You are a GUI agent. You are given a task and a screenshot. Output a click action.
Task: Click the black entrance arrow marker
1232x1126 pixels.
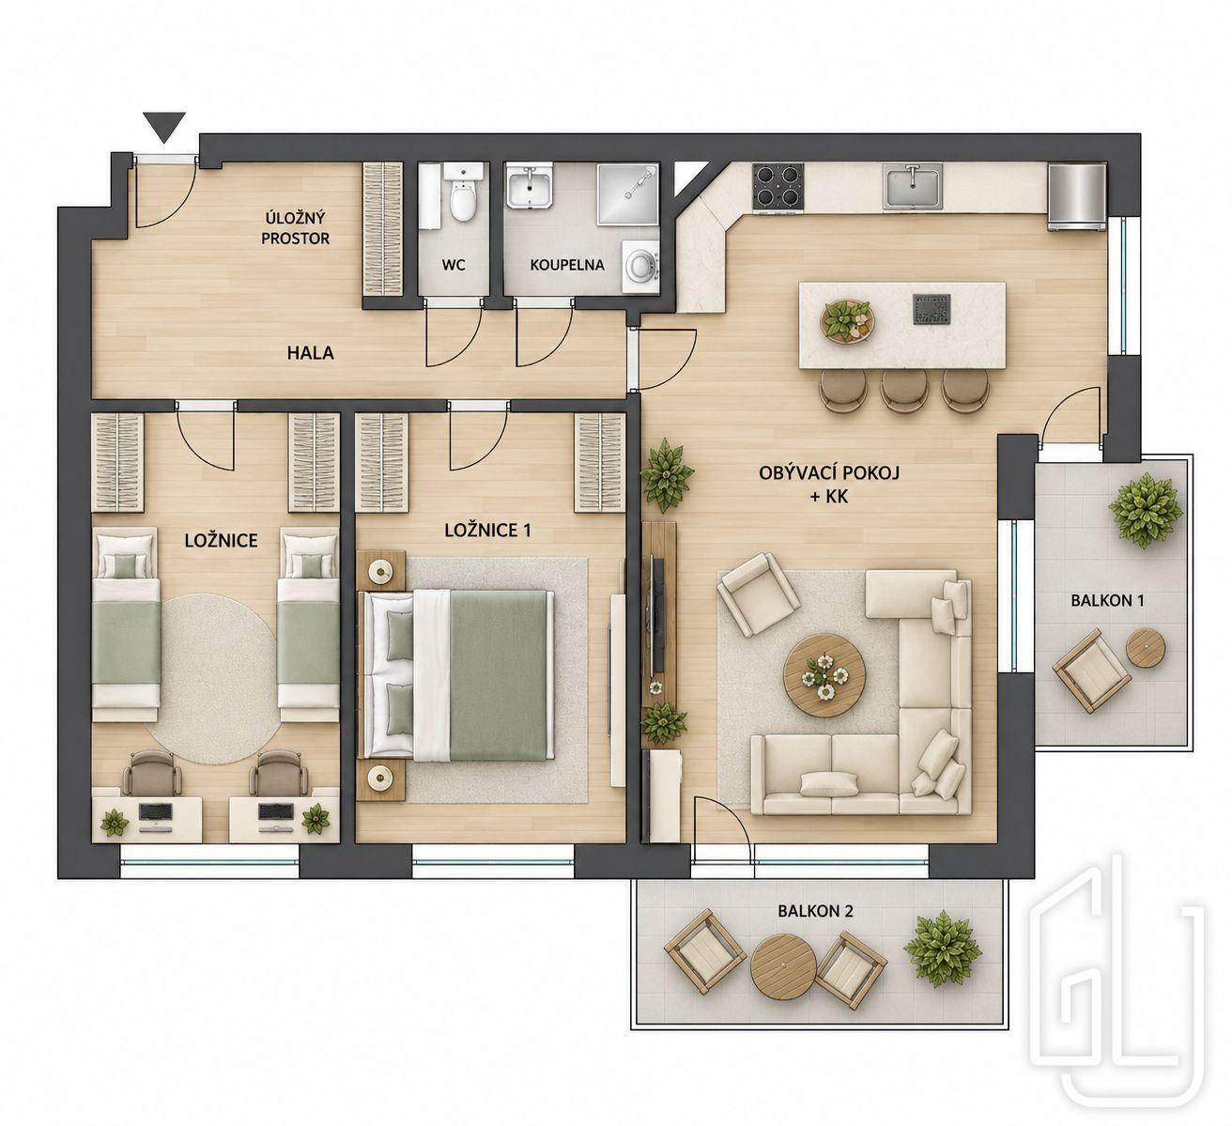point(164,127)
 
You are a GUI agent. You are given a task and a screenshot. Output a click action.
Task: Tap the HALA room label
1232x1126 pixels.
point(311,353)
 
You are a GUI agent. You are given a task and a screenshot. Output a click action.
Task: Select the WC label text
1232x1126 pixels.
point(454,266)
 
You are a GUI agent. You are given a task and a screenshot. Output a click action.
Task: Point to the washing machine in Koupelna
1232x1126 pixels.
point(640,266)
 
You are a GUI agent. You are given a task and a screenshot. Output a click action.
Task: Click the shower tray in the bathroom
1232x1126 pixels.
point(627,193)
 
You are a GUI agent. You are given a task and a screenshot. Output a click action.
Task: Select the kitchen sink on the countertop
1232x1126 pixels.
point(914,186)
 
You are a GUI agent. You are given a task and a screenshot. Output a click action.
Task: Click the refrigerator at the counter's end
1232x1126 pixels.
point(1077,196)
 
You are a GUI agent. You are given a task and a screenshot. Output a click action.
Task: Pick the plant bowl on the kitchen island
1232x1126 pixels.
point(848,320)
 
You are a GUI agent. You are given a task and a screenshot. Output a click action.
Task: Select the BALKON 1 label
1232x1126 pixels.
point(1107,600)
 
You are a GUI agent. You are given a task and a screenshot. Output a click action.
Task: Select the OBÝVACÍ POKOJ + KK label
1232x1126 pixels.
point(829,485)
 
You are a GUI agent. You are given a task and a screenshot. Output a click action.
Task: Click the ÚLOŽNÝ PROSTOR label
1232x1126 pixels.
point(296,228)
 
